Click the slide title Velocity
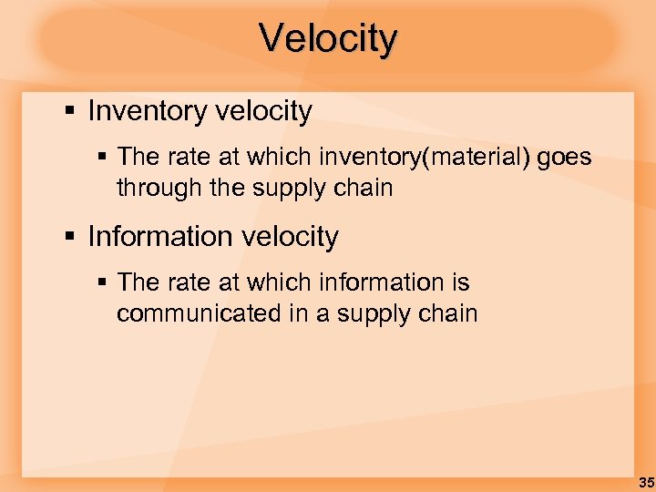tap(328, 39)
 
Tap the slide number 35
tap(646, 482)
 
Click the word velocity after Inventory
tap(263, 112)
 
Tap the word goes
tap(564, 158)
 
